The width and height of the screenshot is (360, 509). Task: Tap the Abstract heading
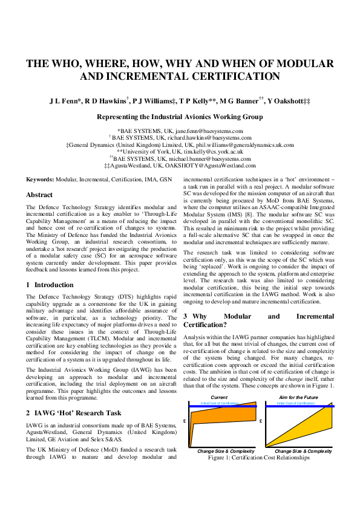pyautogui.click(x=39, y=195)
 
